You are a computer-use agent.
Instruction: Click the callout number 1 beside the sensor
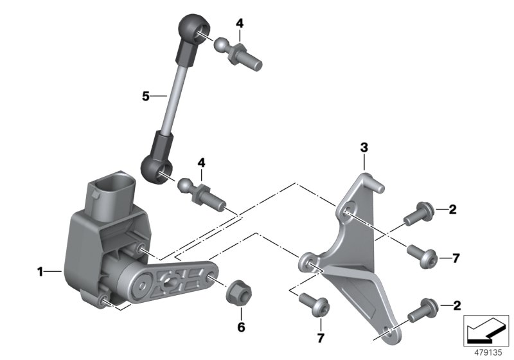click(40, 273)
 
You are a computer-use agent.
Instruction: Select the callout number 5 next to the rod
click(146, 97)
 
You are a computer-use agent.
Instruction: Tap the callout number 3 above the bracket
click(363, 148)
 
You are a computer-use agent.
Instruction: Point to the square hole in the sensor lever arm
click(172, 281)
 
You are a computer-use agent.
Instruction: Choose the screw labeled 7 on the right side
click(423, 258)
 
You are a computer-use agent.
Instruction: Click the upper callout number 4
click(240, 23)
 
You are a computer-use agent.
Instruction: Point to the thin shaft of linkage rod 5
click(172, 96)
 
